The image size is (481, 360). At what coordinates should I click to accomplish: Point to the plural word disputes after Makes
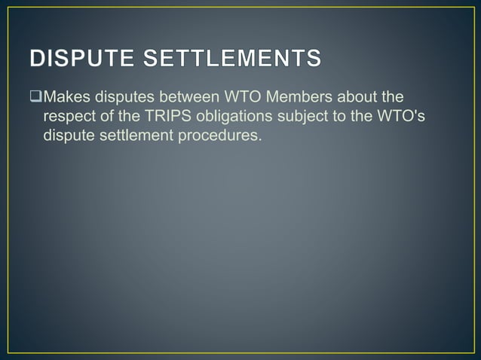point(131,97)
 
